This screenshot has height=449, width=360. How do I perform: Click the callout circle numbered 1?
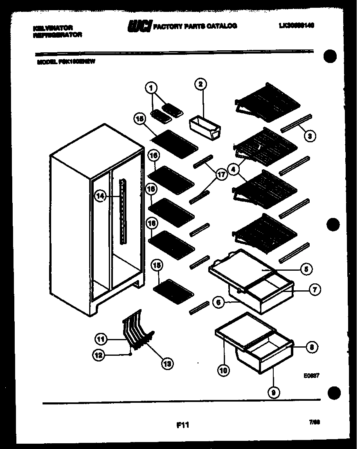coord(151,87)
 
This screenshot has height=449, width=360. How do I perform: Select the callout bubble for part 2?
coord(200,85)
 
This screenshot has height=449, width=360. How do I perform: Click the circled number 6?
coord(218,303)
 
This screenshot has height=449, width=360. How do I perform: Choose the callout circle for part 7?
coord(314,290)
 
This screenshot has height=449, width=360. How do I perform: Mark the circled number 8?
coord(312,347)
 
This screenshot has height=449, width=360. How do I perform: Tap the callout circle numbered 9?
coord(273,393)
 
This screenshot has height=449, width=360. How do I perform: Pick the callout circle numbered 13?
coord(167,362)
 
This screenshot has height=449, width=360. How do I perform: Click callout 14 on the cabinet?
coord(100,196)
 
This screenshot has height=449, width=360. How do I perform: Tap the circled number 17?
coord(221,175)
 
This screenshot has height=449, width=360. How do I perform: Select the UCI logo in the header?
coord(139,26)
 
